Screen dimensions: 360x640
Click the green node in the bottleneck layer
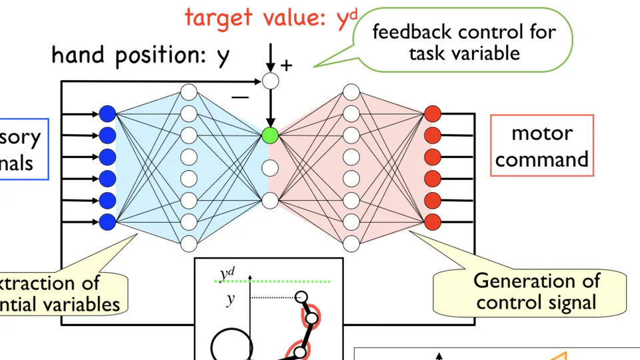270,135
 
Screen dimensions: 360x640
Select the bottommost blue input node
107,221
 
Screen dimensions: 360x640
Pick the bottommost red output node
433,221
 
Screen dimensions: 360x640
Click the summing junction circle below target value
270,81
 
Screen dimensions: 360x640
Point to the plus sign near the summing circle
287,65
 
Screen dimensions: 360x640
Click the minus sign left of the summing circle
240,97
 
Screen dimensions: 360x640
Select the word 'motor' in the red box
541,133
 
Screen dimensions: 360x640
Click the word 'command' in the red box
541,160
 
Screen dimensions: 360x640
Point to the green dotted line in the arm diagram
280,281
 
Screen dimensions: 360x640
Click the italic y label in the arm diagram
230,300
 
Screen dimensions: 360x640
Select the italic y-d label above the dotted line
227,273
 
